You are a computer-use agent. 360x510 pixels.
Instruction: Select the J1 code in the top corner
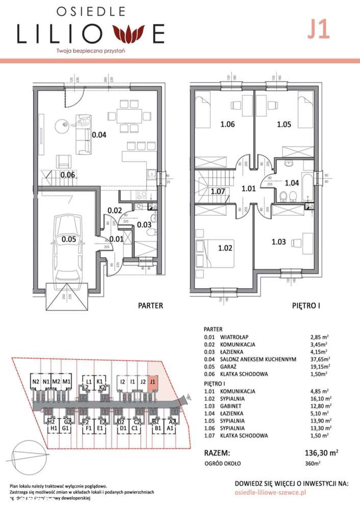click(x=318, y=30)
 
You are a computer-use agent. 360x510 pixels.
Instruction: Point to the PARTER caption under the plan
click(x=151, y=306)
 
